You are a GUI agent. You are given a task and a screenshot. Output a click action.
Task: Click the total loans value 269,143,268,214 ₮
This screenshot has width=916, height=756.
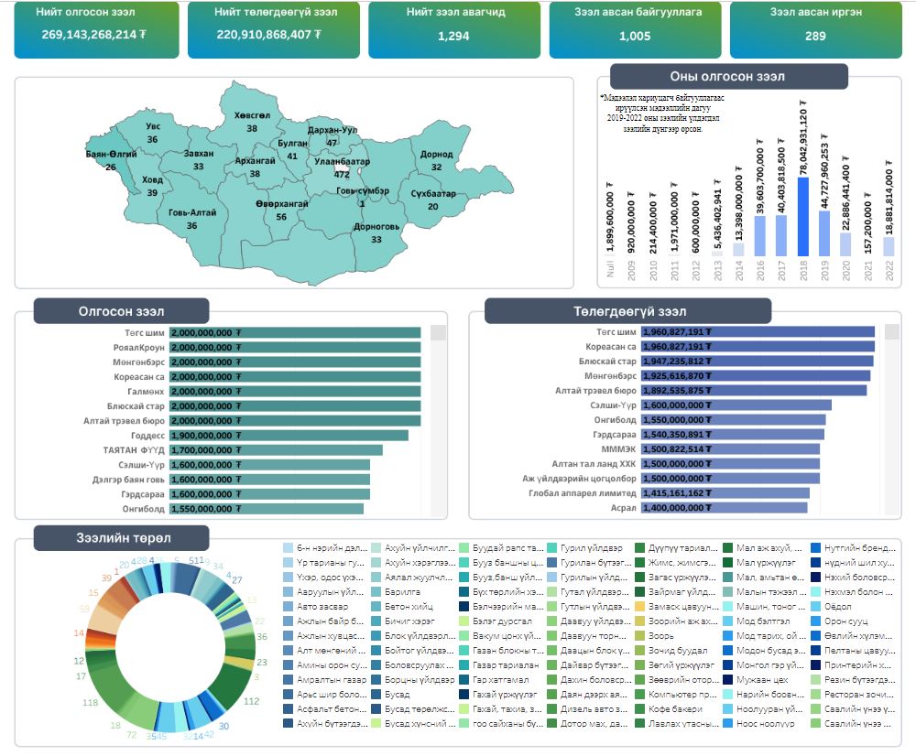[90, 34]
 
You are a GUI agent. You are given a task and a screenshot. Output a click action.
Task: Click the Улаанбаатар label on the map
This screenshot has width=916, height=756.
[342, 161]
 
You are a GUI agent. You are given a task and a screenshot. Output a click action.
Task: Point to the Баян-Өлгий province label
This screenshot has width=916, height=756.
[111, 155]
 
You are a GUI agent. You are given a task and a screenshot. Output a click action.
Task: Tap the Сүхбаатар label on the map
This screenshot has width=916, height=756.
[433, 194]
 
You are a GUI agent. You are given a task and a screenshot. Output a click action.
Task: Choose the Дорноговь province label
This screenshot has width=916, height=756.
[376, 226]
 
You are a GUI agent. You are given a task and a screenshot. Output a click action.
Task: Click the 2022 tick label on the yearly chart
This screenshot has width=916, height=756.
[889, 268]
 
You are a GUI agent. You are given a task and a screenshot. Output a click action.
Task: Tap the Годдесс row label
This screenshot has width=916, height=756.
[147, 436]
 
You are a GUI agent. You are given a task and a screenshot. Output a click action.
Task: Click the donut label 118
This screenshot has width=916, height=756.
[90, 703]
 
